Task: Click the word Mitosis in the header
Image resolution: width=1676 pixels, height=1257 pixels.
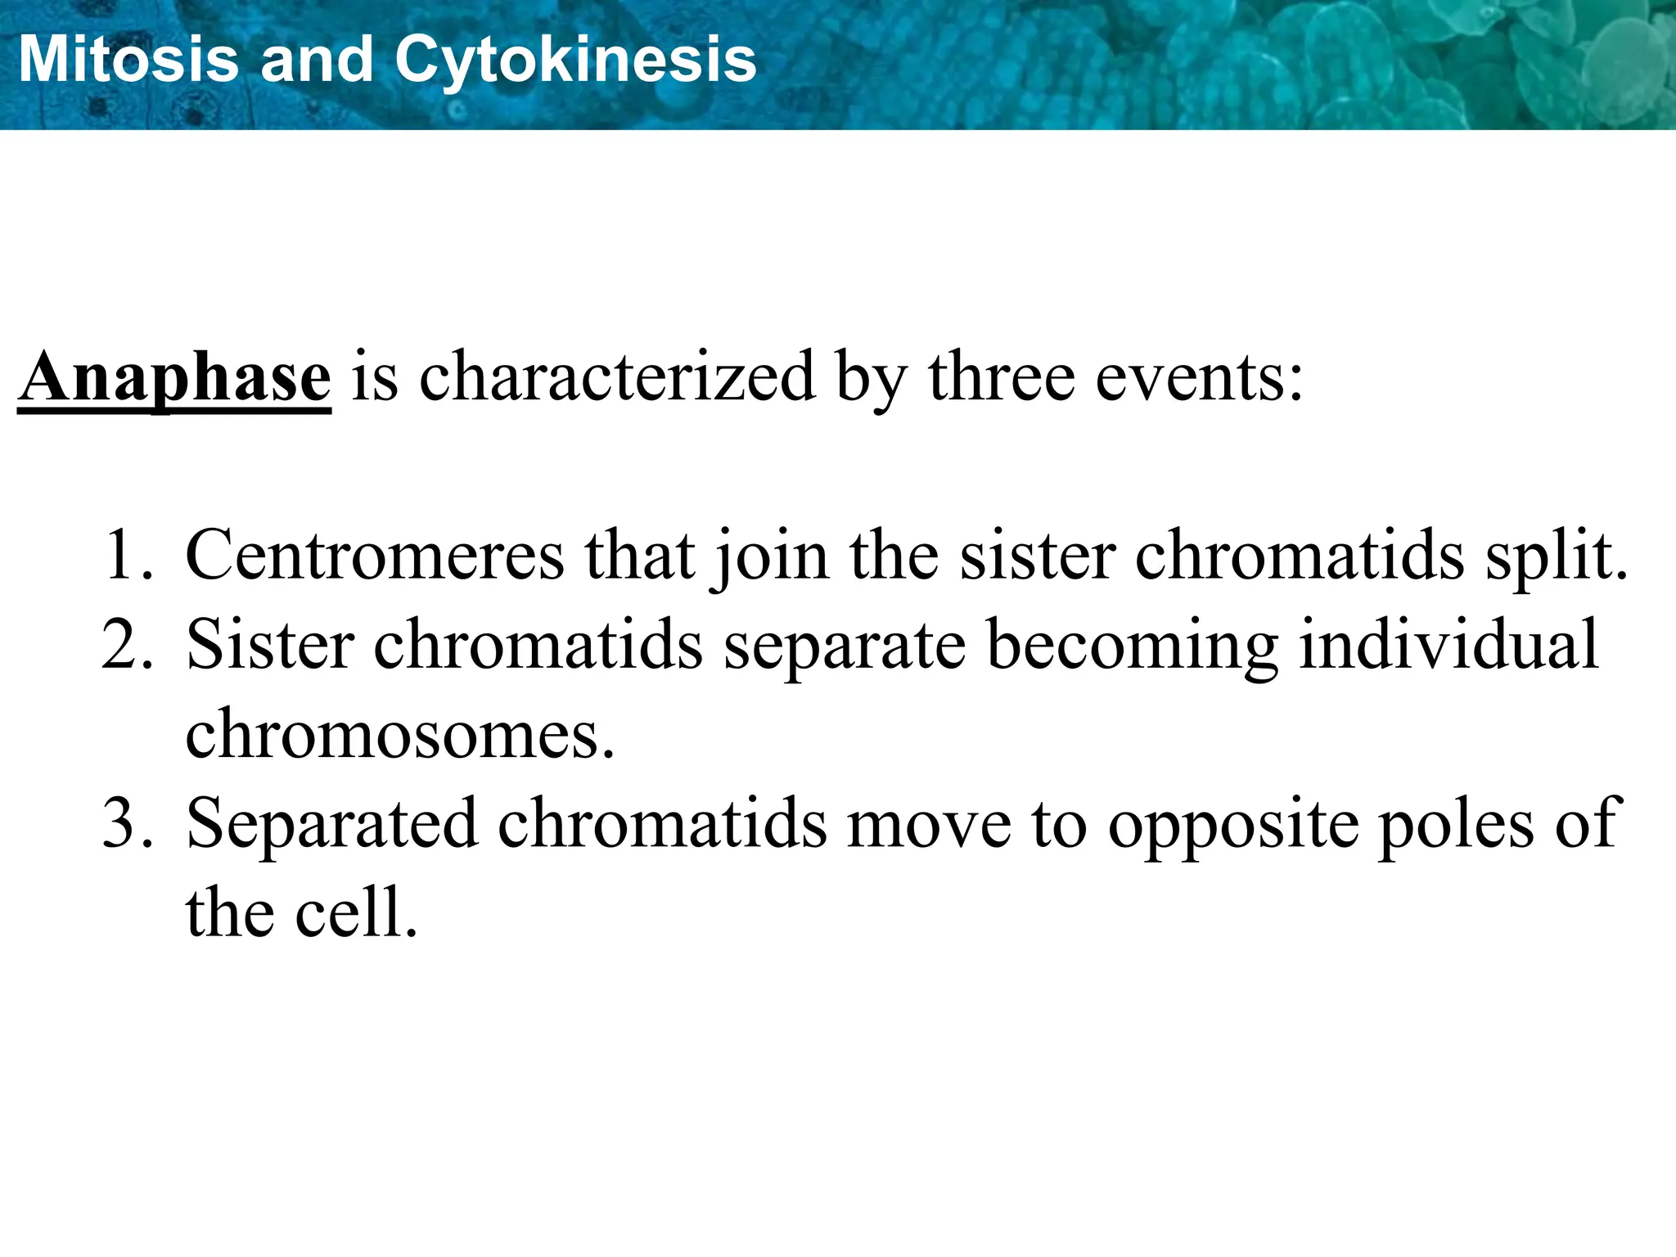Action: (x=128, y=60)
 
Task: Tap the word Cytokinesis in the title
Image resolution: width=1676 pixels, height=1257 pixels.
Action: (x=575, y=61)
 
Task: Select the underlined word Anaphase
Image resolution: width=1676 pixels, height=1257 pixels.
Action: (x=174, y=377)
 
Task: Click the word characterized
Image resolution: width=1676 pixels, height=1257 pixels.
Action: (x=617, y=377)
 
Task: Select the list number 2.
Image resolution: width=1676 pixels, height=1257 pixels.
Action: (x=128, y=646)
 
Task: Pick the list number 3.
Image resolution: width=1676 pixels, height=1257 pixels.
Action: (x=128, y=823)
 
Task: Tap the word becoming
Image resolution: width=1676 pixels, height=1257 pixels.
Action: (x=1133, y=646)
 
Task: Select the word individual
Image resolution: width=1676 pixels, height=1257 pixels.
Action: (x=1448, y=644)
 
